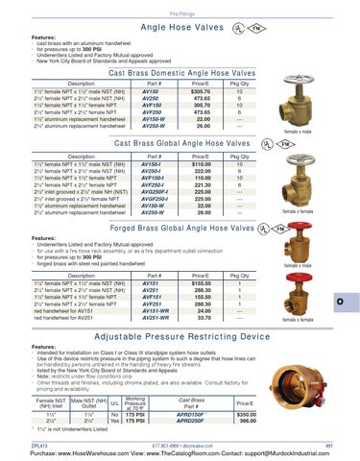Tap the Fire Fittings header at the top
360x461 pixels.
[x=180, y=8]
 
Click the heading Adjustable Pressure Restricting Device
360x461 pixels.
[x=180, y=339]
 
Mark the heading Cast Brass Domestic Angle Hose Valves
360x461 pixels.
[x=180, y=61]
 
